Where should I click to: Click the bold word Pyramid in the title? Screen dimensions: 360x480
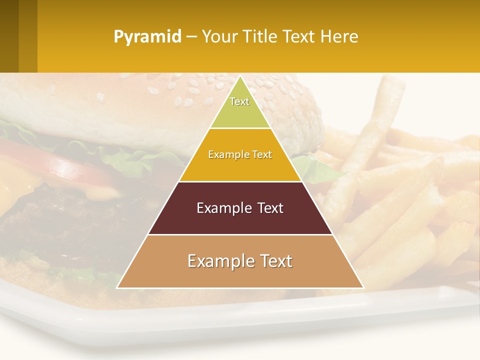(x=147, y=37)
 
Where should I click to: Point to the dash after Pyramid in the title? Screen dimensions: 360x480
(x=191, y=37)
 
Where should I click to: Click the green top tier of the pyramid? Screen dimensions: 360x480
(x=240, y=112)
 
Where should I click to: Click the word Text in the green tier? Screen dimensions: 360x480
(x=239, y=101)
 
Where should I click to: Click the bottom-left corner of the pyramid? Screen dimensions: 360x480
(x=117, y=287)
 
